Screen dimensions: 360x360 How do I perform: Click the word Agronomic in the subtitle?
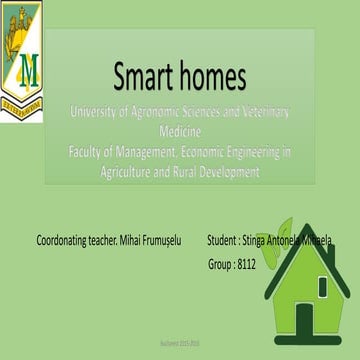pyautogui.click(x=167, y=112)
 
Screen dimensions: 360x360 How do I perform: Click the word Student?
pyautogui.click(x=222, y=241)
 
